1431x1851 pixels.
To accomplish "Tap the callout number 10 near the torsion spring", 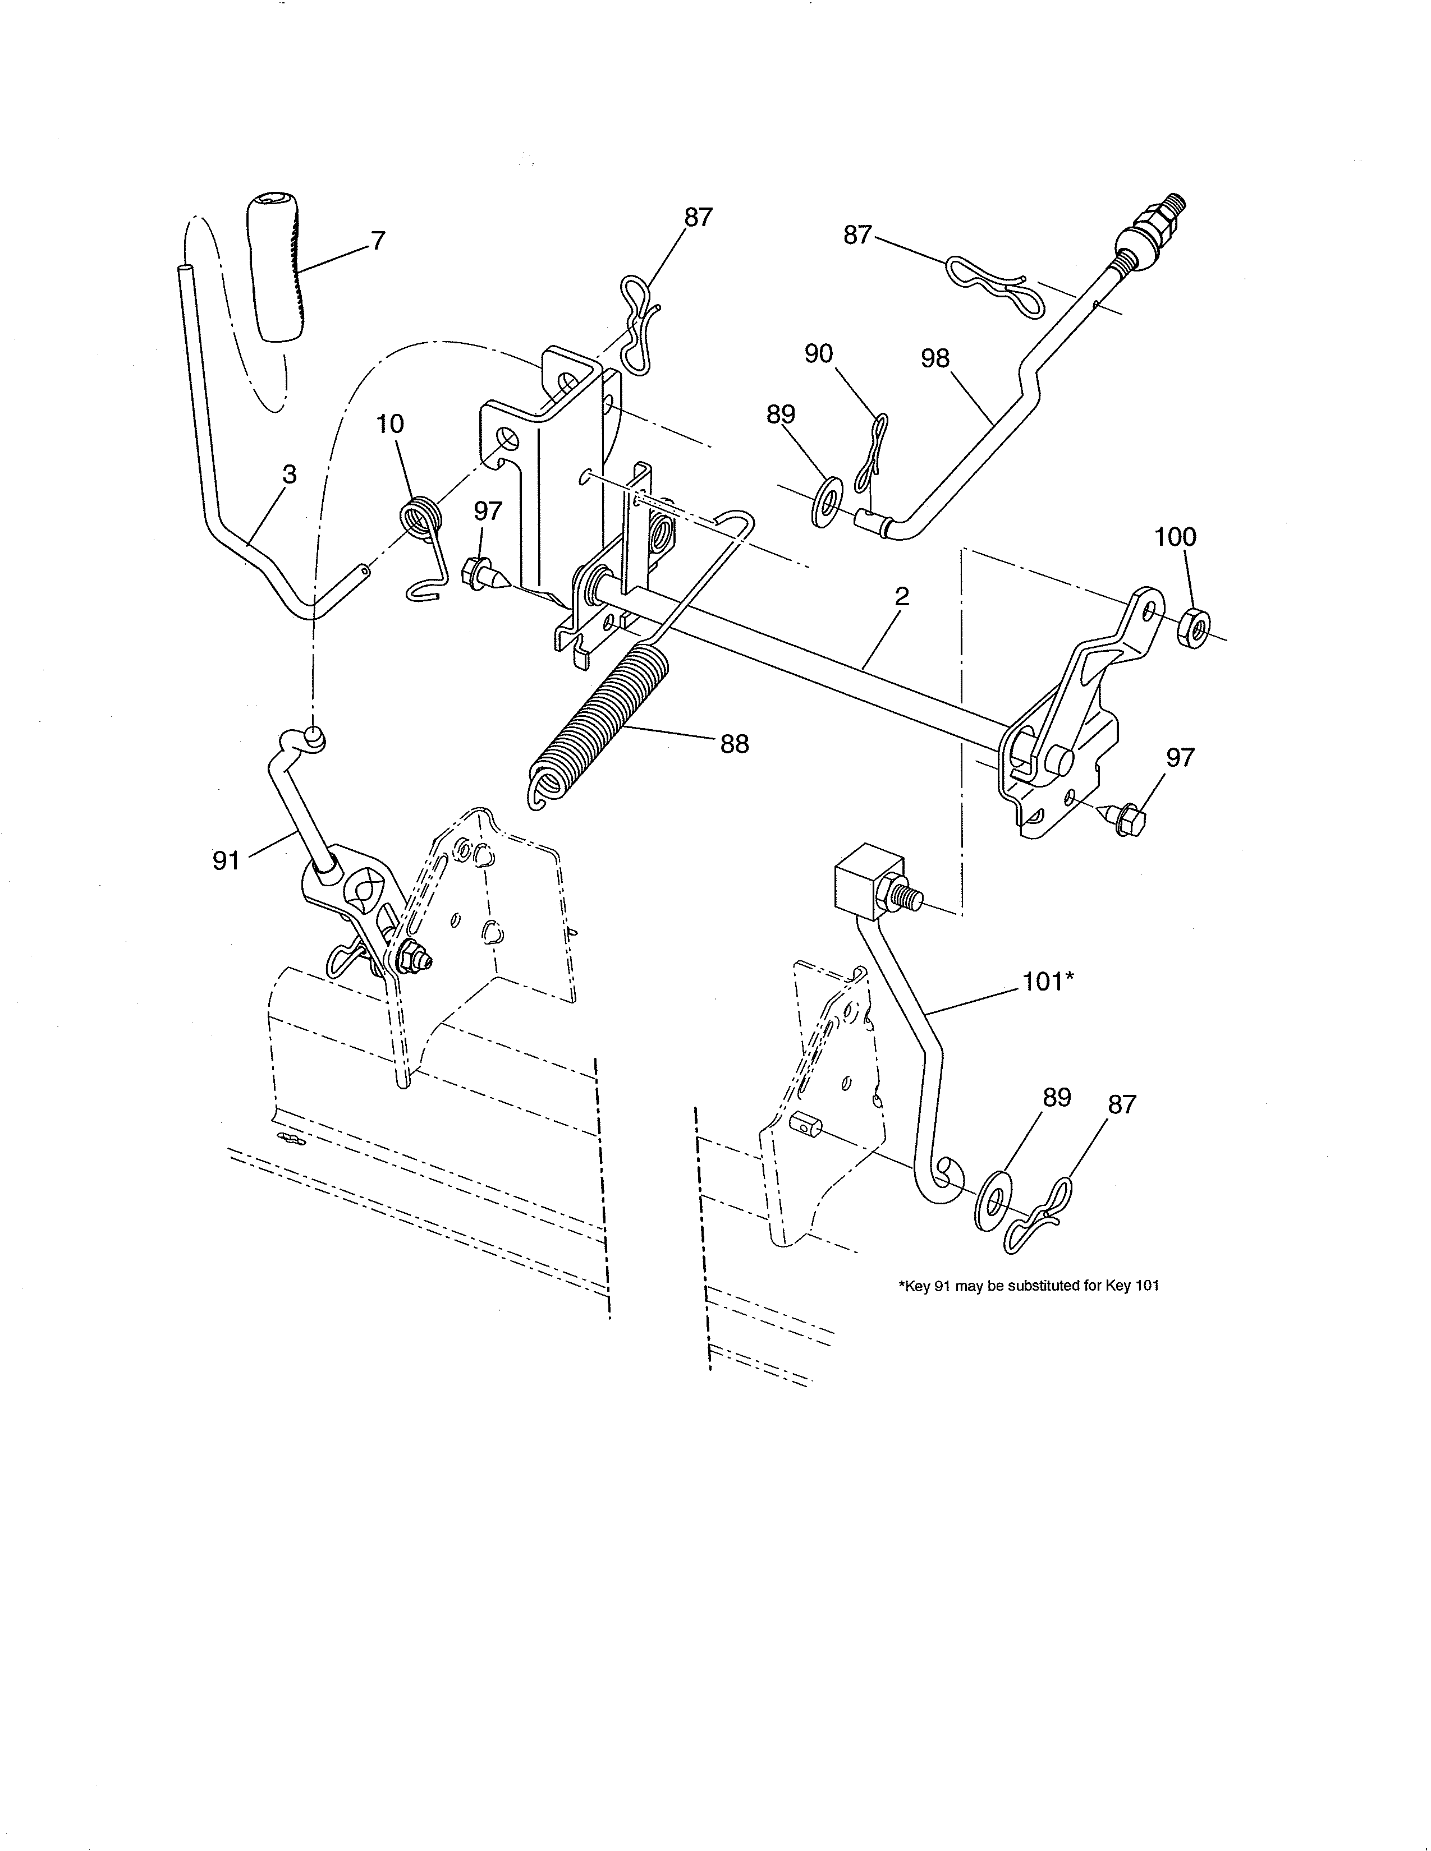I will pos(390,423).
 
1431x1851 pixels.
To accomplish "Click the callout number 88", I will pos(734,744).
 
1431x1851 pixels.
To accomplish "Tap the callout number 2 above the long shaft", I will pos(901,597).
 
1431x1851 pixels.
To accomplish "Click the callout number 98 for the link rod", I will pos(935,358).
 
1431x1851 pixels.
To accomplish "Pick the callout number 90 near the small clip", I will pos(819,353).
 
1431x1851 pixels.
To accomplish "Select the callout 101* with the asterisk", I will pos(1049,982).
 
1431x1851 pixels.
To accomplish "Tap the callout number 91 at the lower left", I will pos(226,861).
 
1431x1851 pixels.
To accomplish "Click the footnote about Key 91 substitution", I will pos(1028,1286).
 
